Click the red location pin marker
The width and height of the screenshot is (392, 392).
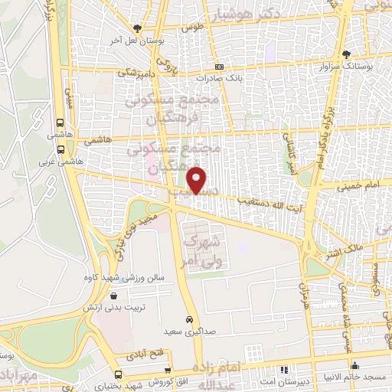coord(198,180)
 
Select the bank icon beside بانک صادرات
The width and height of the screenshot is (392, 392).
coord(220,67)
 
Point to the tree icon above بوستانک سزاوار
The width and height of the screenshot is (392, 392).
coord(346,54)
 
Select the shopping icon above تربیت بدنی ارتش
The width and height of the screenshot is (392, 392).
coord(114,296)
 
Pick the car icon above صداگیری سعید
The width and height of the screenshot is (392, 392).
coord(188,320)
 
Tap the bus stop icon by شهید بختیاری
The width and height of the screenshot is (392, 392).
coord(117,375)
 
